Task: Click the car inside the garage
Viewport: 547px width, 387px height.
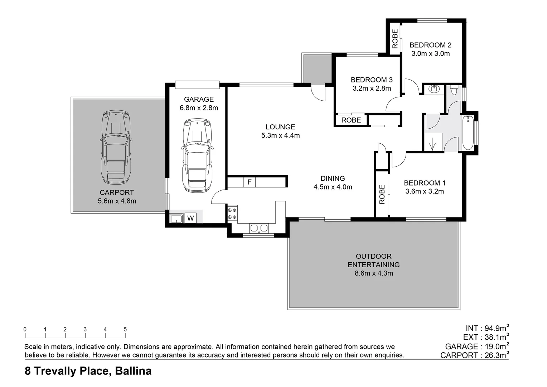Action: pos(197,156)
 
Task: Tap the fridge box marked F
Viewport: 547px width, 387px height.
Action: pos(249,182)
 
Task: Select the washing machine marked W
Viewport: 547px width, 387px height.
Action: pos(190,218)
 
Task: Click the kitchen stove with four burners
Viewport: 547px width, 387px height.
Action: pos(232,214)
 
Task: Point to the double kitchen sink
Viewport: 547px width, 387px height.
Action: pos(259,228)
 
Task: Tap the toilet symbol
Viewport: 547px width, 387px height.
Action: pos(454,90)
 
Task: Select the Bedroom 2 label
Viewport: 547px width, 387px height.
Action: pos(430,45)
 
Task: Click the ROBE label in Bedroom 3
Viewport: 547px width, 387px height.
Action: pos(351,120)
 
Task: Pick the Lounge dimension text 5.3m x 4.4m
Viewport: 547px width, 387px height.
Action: pos(280,135)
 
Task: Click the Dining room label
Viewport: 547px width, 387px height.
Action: pos(333,178)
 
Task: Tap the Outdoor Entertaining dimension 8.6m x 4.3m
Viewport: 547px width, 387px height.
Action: pos(373,273)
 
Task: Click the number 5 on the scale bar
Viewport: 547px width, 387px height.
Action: pos(125,329)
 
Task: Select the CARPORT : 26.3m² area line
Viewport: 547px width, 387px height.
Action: pos(474,355)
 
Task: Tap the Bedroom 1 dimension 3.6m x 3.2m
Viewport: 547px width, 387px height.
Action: pos(425,191)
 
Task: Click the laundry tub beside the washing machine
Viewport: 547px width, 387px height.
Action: pos(176,218)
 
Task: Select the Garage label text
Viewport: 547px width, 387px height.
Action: pos(199,99)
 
